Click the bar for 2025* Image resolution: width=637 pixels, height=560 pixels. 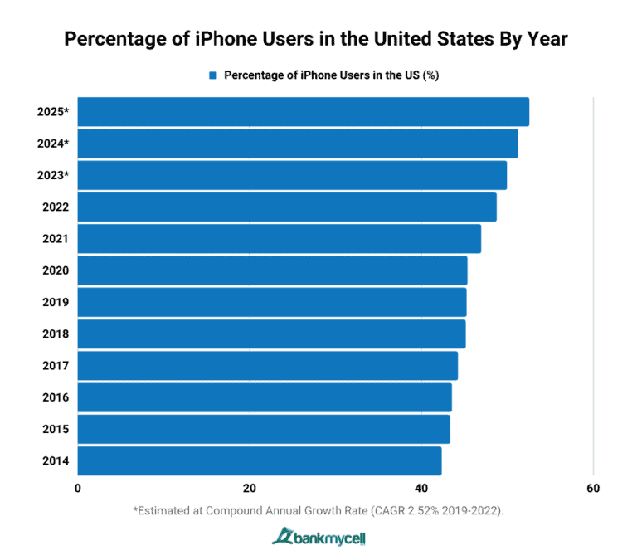coord(304,112)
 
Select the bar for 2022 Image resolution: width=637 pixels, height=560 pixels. coord(287,207)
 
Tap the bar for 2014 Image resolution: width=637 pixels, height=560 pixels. coord(260,460)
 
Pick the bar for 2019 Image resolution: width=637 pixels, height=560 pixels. coord(272,302)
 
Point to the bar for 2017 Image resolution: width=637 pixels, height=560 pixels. coord(268,365)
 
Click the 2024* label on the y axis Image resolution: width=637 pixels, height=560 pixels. coord(53,144)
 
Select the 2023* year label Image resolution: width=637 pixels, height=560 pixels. coord(53,175)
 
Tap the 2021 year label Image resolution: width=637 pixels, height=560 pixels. coord(56,239)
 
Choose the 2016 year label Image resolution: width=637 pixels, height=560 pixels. coord(56,397)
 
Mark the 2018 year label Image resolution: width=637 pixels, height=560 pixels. coord(56,334)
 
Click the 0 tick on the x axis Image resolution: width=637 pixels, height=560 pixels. coord(78,488)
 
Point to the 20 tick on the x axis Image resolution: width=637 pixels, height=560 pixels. coord(249,488)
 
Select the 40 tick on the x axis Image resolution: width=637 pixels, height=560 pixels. coord(421,488)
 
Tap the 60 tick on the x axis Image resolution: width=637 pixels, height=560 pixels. coord(592,488)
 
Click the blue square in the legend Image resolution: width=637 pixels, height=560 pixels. coord(213,75)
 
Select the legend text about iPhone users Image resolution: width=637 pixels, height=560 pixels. coord(331,75)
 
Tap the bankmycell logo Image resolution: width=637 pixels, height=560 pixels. coord(318,538)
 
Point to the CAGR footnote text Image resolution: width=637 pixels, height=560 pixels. coord(318,511)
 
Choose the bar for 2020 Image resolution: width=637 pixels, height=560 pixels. coord(272,270)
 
